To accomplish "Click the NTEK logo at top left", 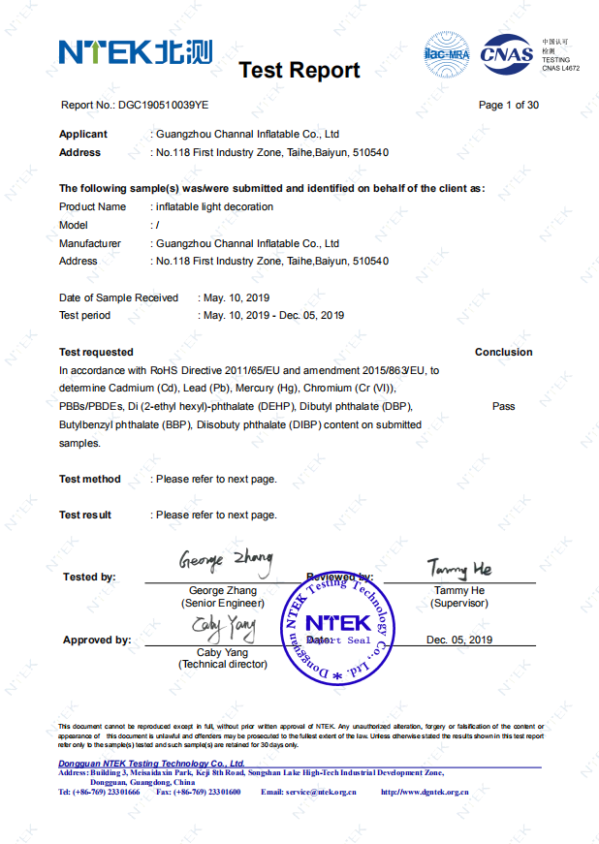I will pyautogui.click(x=135, y=50).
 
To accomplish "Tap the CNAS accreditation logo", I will pyautogui.click(x=506, y=52).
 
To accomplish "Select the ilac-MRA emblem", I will pyautogui.click(x=447, y=52).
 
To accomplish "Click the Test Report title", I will pyautogui.click(x=299, y=70).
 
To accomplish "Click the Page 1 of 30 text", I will pyautogui.click(x=509, y=105).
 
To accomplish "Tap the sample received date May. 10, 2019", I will pyautogui.click(x=235, y=297).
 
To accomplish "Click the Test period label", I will pyautogui.click(x=85, y=315).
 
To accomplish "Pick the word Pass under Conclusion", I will pyautogui.click(x=503, y=406).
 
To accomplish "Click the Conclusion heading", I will pyautogui.click(x=503, y=352).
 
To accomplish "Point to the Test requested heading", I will pyautogui.click(x=96, y=352).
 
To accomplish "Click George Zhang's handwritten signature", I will pyautogui.click(x=225, y=560).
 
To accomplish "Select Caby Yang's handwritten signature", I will pyautogui.click(x=224, y=629).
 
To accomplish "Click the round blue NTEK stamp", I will pyautogui.click(x=337, y=625).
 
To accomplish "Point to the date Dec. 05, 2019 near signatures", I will pyautogui.click(x=459, y=640).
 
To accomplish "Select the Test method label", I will pyautogui.click(x=90, y=479).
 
